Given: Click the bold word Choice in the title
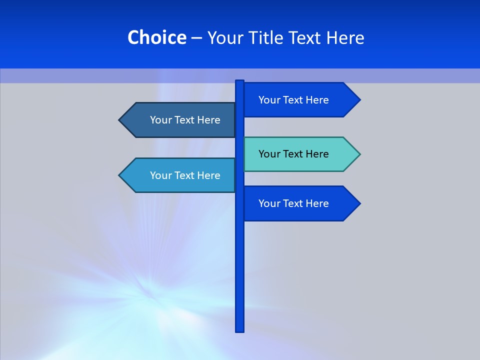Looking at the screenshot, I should click(x=156, y=37).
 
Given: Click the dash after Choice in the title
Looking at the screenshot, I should click(x=196, y=37).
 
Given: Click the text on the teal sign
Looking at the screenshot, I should click(x=293, y=154).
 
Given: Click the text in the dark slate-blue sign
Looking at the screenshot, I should click(x=185, y=120).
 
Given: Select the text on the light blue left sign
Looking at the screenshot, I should click(x=185, y=175).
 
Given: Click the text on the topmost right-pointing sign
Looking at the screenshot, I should click(x=293, y=100).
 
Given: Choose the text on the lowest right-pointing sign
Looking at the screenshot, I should click(x=293, y=203).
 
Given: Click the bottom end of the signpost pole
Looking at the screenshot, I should click(x=240, y=329).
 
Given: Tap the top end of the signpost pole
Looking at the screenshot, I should click(x=240, y=82).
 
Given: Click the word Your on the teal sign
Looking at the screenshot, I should click(x=268, y=154).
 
